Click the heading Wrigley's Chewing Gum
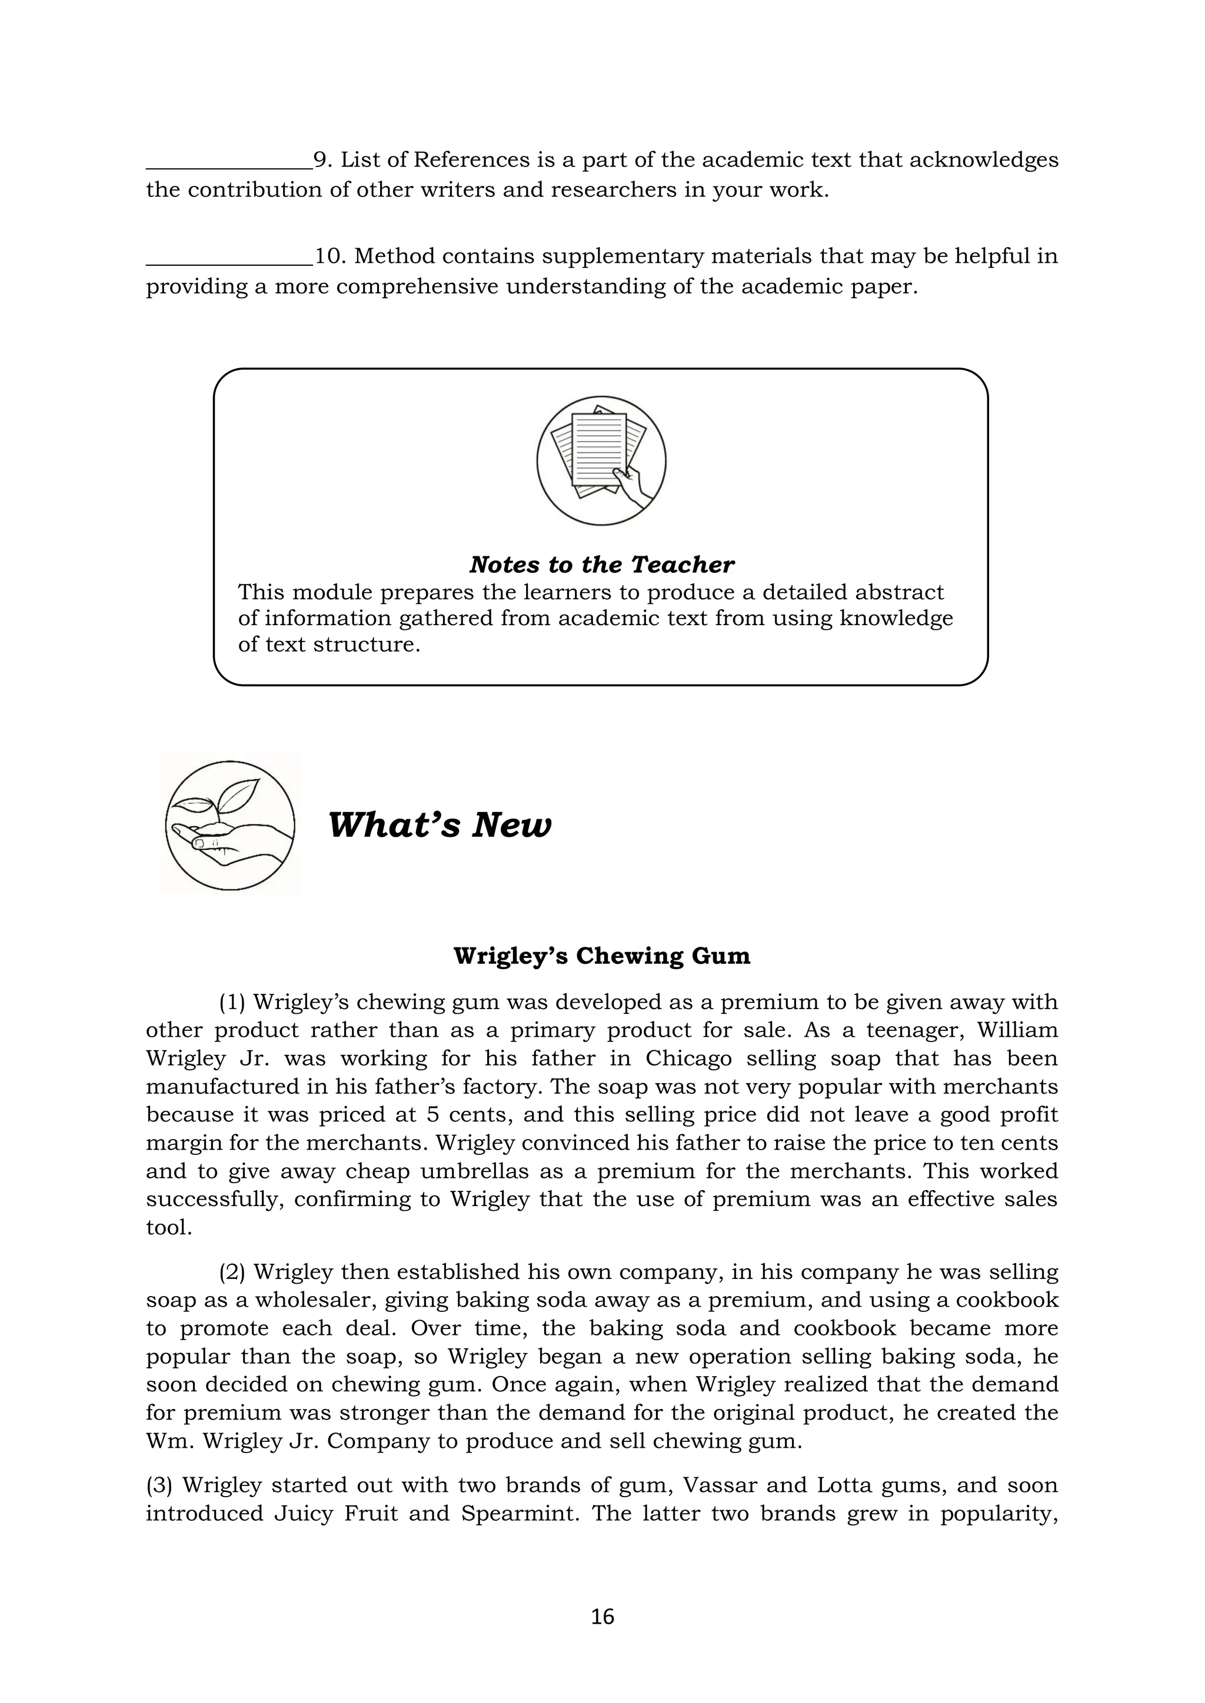602,956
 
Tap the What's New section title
440,825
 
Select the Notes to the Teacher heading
602,565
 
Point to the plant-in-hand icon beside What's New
230,825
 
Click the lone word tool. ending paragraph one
169,1227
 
